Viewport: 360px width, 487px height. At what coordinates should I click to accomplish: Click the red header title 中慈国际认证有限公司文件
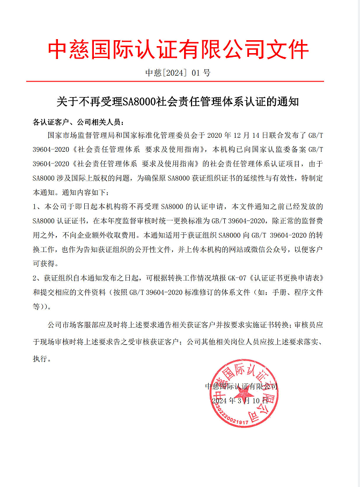(x=179, y=50)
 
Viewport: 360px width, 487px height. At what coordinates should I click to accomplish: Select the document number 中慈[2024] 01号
(x=179, y=73)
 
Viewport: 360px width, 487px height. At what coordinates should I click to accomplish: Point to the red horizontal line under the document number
(x=179, y=82)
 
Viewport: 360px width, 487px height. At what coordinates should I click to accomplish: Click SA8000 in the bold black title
(x=138, y=101)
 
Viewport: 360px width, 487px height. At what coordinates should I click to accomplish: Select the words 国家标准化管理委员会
(x=156, y=135)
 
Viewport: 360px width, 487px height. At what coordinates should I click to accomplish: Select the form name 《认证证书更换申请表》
(x=296, y=278)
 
